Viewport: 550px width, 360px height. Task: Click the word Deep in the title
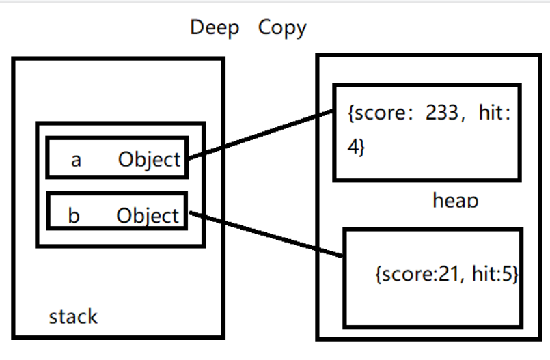pyautogui.click(x=215, y=28)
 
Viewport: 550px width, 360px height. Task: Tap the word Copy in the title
pyautogui.click(x=282, y=28)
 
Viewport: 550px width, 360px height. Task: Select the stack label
pyautogui.click(x=73, y=316)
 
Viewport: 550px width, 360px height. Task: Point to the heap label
pyautogui.click(x=455, y=199)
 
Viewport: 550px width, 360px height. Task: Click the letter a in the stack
pyautogui.click(x=76, y=161)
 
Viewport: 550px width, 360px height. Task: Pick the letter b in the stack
pyautogui.click(x=74, y=215)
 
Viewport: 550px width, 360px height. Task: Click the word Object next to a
pyautogui.click(x=150, y=160)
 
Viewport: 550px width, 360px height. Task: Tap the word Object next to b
pyautogui.click(x=148, y=216)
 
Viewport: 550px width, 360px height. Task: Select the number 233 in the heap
pyautogui.click(x=441, y=113)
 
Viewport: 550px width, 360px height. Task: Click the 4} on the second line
pyautogui.click(x=356, y=146)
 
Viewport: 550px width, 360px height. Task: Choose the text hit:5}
pyautogui.click(x=495, y=274)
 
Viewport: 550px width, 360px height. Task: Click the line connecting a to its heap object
pyautogui.click(x=260, y=135)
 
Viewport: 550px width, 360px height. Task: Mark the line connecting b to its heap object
pyautogui.click(x=266, y=234)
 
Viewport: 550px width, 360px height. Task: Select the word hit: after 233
pyautogui.click(x=495, y=113)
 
